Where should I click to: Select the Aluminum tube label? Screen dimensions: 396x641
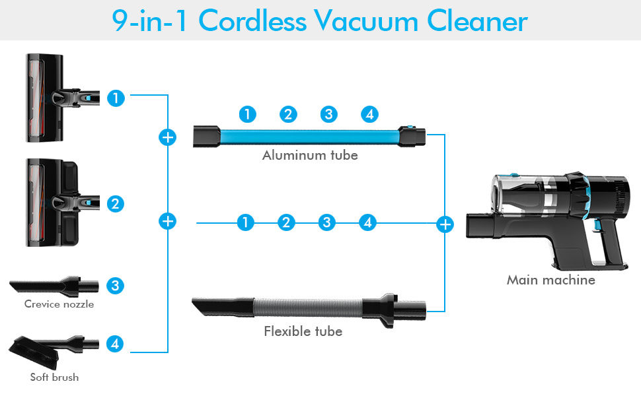tap(310, 156)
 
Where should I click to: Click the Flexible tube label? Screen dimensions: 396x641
tap(303, 331)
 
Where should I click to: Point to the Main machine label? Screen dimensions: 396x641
tap(550, 280)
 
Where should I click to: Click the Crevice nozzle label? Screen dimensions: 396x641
tap(59, 304)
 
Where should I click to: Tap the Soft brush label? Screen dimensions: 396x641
tap(54, 378)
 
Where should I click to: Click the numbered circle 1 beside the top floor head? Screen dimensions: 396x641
tap(116, 98)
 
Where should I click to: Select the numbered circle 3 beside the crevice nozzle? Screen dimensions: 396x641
tap(116, 286)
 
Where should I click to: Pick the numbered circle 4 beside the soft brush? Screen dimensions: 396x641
tap(116, 344)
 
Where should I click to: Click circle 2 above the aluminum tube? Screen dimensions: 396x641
tap(287, 114)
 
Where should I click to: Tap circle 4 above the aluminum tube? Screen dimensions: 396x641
tap(369, 114)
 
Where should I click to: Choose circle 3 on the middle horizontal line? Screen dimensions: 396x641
tap(326, 222)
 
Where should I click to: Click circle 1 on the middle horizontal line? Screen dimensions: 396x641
tap(245, 222)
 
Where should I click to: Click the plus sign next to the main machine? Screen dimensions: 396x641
tap(445, 224)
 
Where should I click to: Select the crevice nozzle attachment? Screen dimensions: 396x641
tap(53, 286)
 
